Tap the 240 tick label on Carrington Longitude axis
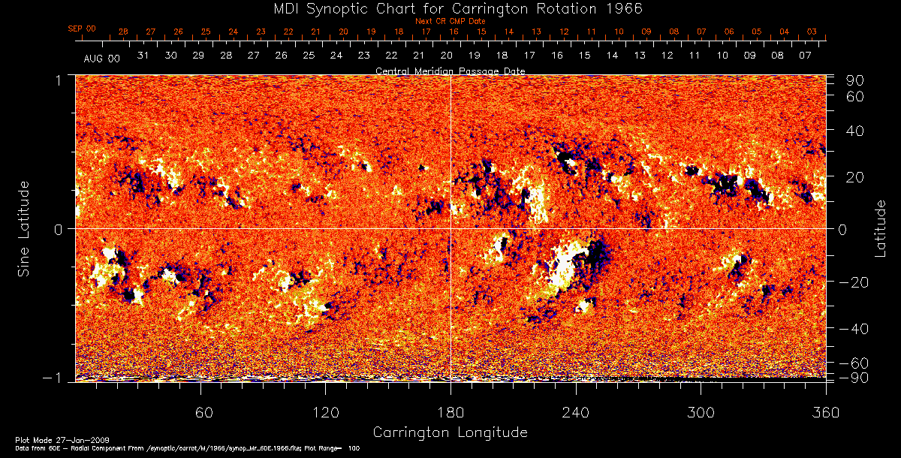(x=575, y=413)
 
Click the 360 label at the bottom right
(x=825, y=413)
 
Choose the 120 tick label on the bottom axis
(x=325, y=413)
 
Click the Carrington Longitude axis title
(x=450, y=432)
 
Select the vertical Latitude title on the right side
(x=881, y=227)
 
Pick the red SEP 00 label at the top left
(x=82, y=29)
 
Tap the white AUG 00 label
(x=101, y=58)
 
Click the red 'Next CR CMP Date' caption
(x=450, y=22)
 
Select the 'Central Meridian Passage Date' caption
(x=450, y=71)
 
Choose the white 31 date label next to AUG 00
(x=143, y=56)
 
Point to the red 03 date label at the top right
(x=812, y=32)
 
